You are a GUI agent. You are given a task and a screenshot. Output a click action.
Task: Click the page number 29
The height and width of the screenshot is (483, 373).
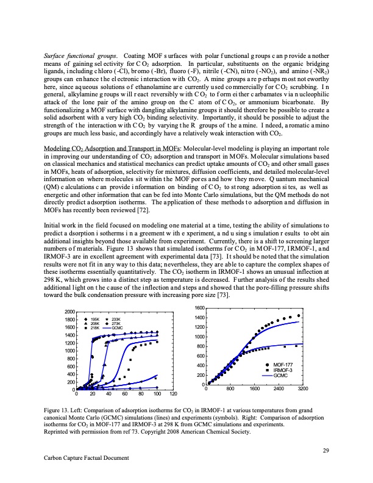tap(325, 451)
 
